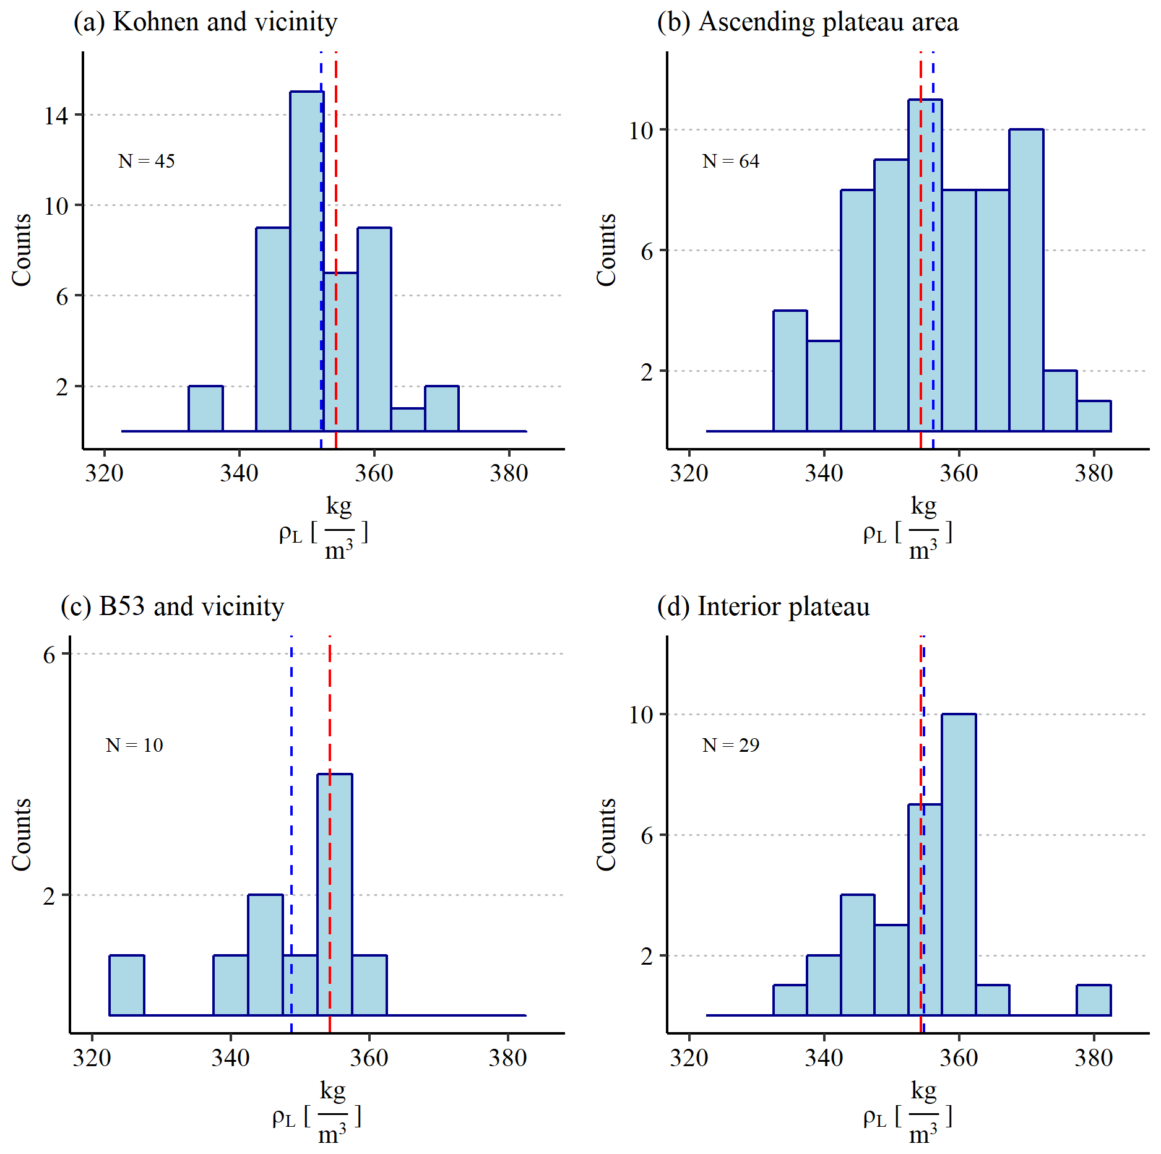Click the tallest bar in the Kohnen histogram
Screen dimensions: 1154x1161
tap(306, 260)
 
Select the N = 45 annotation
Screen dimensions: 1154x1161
tap(147, 161)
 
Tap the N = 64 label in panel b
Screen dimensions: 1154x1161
tap(731, 161)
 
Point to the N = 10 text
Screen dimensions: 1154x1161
tap(134, 745)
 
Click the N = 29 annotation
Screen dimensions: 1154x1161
tap(731, 745)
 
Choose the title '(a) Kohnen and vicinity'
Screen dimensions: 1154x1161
tap(205, 22)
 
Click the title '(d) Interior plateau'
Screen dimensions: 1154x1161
tap(763, 606)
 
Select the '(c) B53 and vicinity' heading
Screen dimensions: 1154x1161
tap(173, 606)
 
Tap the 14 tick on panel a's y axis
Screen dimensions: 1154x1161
tap(56, 116)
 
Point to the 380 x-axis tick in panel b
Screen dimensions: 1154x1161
tap(1094, 474)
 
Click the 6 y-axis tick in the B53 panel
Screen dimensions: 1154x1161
tap(50, 655)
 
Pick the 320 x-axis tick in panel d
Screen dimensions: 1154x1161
tap(689, 1058)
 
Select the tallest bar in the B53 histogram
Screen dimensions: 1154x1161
tap(335, 894)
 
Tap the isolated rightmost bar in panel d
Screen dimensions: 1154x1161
tap(1094, 1000)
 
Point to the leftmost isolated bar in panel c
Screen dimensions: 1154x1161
tap(127, 985)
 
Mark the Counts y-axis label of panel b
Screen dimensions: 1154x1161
tap(606, 250)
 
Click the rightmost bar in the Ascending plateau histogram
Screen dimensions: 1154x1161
tap(1094, 416)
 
